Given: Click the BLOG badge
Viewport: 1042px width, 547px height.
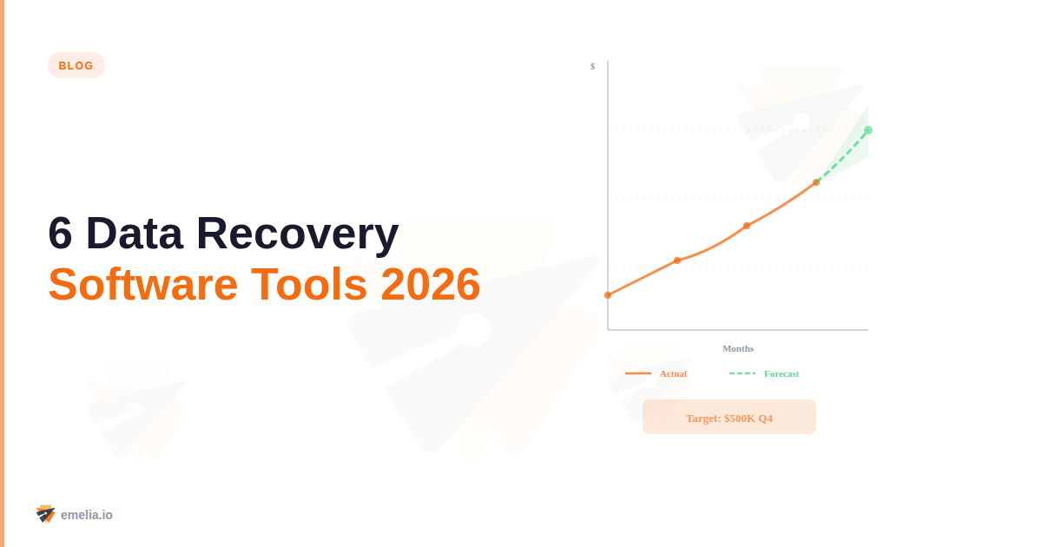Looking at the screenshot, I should (x=76, y=65).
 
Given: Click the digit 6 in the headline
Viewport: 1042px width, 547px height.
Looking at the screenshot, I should (x=60, y=234).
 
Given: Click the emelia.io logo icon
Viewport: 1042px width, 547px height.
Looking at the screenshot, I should (x=46, y=514).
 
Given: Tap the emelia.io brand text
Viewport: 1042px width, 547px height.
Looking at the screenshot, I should (x=87, y=515).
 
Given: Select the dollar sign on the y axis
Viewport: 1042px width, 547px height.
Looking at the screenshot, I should (x=592, y=66).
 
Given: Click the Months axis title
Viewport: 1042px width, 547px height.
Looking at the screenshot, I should (x=738, y=348).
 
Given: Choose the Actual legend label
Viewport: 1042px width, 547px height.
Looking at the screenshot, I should (x=673, y=373).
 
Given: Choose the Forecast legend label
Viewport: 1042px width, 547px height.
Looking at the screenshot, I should (x=781, y=373).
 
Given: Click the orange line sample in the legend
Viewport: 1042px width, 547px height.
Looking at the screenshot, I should (x=638, y=373).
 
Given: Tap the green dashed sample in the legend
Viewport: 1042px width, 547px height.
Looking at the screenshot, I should (x=742, y=373).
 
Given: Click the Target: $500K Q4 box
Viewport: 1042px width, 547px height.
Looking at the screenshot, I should (x=729, y=417).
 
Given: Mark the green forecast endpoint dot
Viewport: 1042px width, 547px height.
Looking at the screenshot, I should (x=868, y=130).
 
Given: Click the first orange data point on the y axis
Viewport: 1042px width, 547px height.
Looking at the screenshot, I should (x=608, y=295).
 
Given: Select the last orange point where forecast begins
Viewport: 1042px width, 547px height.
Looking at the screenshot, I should (x=816, y=182).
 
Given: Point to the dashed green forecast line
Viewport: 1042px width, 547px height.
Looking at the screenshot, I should (x=842, y=156).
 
